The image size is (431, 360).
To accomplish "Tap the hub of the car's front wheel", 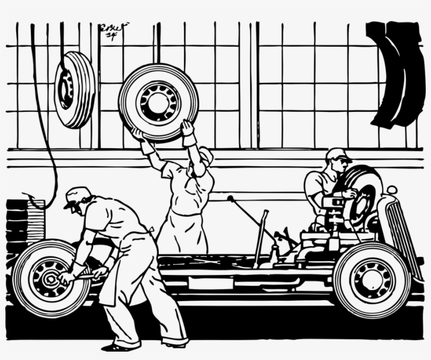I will click(372, 279).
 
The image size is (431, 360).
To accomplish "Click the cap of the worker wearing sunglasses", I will click(336, 153).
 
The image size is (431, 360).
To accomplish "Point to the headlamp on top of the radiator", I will click(391, 191).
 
